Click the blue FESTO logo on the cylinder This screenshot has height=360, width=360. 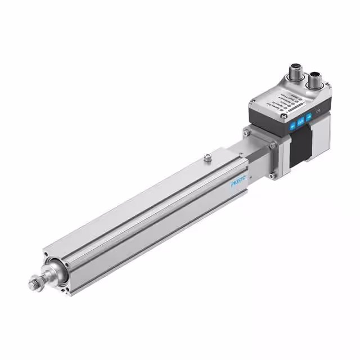238,184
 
